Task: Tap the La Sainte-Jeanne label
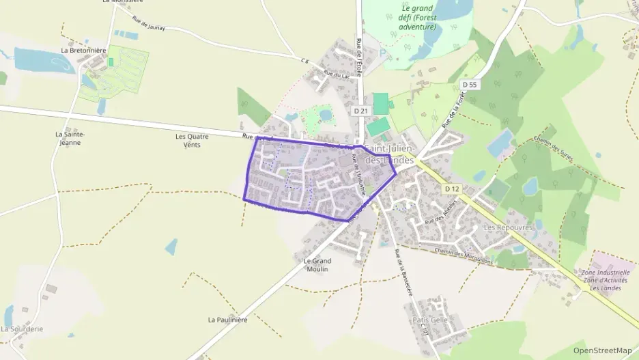coord(68,139)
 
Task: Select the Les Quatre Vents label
coord(192,140)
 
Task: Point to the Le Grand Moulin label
coord(317,265)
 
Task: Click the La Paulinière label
coord(227,319)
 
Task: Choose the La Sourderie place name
coord(22,329)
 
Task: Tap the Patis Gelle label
coord(429,319)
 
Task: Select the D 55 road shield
coord(469,85)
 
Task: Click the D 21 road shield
coord(361,110)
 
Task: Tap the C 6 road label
coord(304,61)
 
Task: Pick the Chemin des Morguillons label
coord(464,254)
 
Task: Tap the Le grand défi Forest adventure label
coord(416,17)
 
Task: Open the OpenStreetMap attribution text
coord(602,350)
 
